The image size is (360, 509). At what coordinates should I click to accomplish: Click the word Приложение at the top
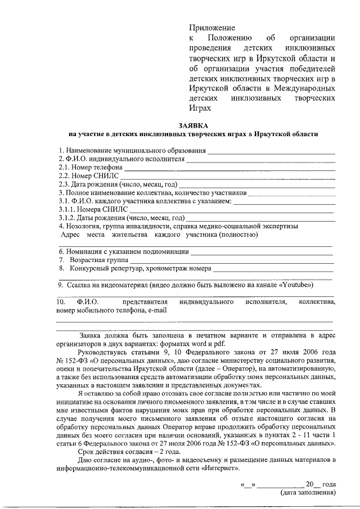pos(211,27)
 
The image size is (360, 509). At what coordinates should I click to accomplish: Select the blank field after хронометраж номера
pos(273,269)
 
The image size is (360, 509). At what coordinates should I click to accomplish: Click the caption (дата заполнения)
pos(308,493)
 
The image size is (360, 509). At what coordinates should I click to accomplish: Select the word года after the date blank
pos(330,484)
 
